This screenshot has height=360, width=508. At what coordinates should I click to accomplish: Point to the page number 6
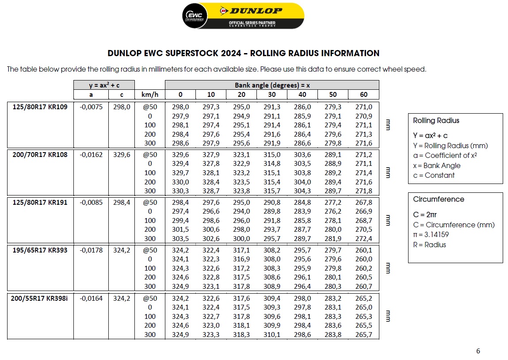click(478, 351)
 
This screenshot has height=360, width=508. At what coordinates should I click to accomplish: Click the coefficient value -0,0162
click(91, 155)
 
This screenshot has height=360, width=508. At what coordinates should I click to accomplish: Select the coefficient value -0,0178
click(91, 250)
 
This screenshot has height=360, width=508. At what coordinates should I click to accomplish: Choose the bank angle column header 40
click(302, 95)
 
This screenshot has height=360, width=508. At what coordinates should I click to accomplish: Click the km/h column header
click(150, 95)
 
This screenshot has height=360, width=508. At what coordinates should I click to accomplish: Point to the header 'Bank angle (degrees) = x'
click(272, 85)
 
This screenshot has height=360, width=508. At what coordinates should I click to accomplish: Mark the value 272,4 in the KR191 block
click(363, 239)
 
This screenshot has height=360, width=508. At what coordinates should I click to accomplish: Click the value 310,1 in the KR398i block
click(271, 334)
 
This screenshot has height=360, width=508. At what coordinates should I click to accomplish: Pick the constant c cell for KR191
click(122, 202)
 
